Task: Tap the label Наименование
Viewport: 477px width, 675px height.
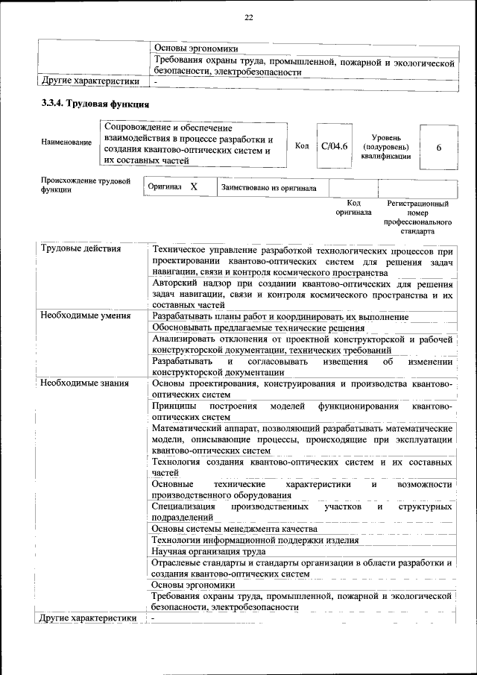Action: click(67, 142)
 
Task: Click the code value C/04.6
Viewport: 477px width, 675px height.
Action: click(334, 145)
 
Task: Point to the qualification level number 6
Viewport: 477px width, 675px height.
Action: click(439, 148)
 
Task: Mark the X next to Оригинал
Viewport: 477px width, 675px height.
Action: click(194, 188)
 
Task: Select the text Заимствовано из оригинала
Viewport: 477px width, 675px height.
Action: click(268, 189)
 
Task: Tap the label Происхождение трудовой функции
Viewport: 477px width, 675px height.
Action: click(86, 185)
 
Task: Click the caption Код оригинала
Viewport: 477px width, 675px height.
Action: click(354, 207)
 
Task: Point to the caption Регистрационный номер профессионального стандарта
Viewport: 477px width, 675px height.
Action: click(417, 217)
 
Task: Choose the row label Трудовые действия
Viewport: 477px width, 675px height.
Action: click(81, 249)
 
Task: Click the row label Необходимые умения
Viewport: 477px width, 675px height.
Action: click(86, 316)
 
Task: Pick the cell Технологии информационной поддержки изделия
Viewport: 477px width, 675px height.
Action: click(255, 540)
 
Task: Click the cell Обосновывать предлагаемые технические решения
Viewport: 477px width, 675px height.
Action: click(258, 327)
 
